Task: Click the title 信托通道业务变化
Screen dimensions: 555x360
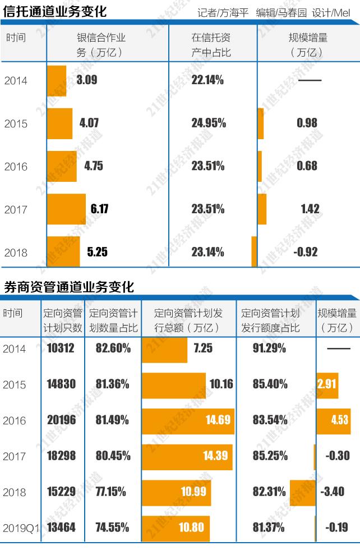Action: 55,11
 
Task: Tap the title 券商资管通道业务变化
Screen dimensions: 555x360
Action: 69,287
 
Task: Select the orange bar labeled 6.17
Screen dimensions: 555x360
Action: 66,209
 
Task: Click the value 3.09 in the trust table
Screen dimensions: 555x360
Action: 87,80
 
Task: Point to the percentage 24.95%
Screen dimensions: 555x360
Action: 208,123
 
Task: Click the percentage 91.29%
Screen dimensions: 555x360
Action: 269,348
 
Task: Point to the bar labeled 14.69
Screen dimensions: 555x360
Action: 187,420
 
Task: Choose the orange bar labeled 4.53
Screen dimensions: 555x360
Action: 334,420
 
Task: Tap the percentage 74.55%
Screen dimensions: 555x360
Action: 112,528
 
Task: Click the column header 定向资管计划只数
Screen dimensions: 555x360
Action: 62,320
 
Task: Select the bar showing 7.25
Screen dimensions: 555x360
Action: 164,349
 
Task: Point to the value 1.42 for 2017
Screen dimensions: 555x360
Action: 310,209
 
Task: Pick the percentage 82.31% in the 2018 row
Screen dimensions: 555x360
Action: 270,492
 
